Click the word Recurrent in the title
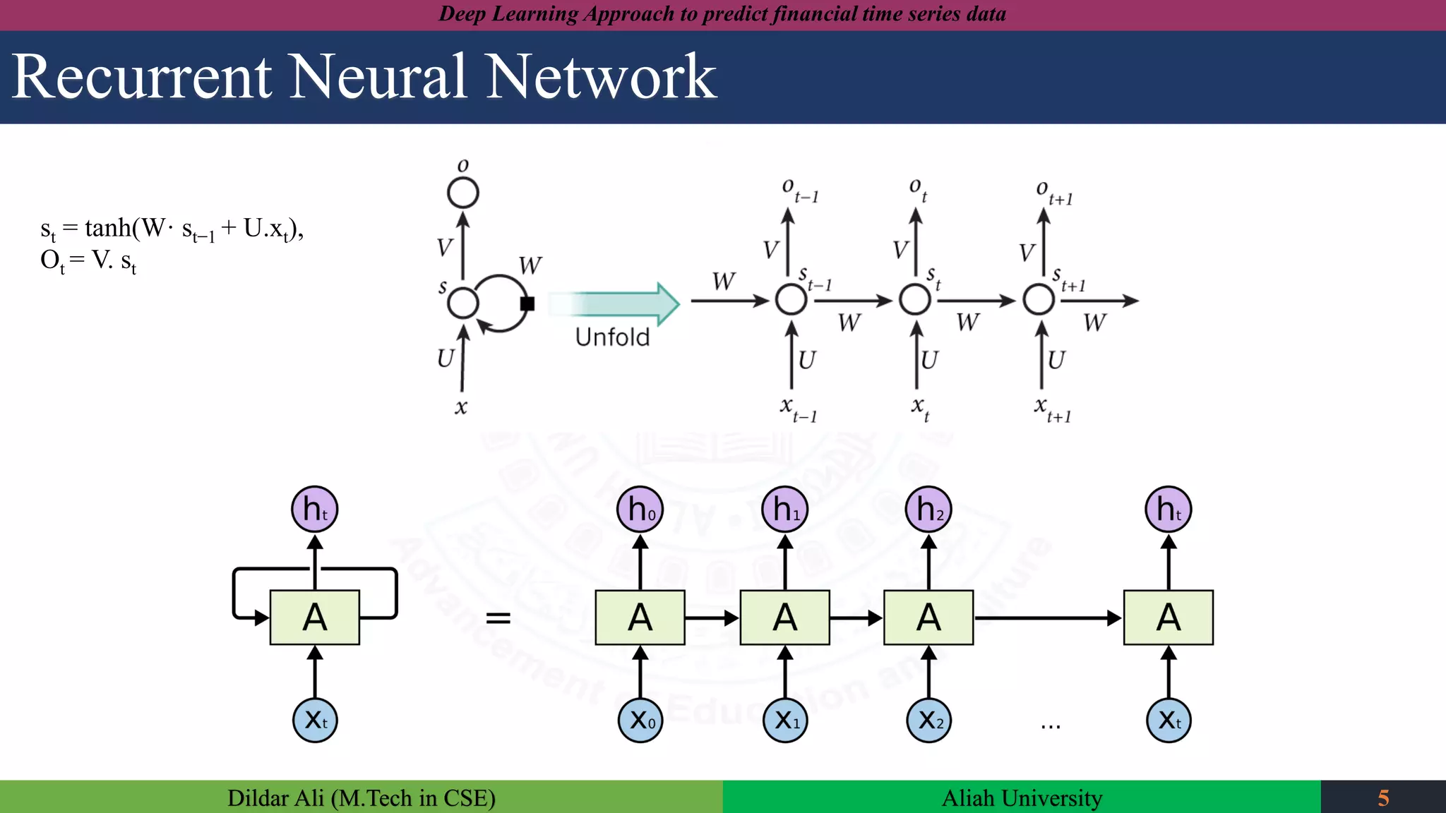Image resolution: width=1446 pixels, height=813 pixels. click(x=141, y=78)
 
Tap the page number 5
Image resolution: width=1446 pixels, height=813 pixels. click(x=1383, y=798)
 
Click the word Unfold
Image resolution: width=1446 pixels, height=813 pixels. click(x=612, y=337)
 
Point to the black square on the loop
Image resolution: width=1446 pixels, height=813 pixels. click(x=527, y=303)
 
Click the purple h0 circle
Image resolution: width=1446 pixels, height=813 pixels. click(x=640, y=509)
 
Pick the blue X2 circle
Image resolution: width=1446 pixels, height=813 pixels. click(x=929, y=721)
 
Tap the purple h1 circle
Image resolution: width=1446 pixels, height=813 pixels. click(x=785, y=509)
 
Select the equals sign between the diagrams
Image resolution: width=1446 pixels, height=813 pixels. click(x=498, y=618)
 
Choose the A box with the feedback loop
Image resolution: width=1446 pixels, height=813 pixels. click(x=315, y=618)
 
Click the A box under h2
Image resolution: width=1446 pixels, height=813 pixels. click(x=928, y=618)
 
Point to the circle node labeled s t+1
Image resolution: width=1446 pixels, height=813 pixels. click(x=1039, y=300)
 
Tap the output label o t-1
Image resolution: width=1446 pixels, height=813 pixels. click(x=799, y=190)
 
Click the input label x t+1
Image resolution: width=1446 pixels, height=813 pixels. click(x=1052, y=409)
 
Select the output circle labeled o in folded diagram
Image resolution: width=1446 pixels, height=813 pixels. click(x=463, y=192)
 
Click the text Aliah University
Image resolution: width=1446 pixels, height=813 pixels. click(x=1022, y=798)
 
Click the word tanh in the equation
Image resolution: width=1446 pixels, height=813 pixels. click(x=107, y=228)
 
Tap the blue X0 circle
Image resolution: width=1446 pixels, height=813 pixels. click(x=640, y=721)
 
